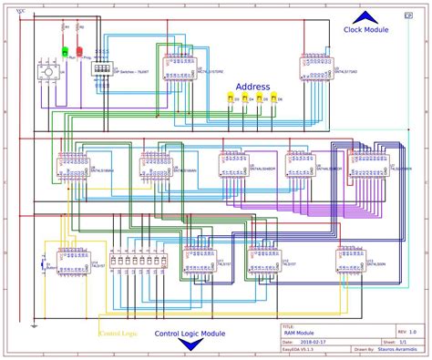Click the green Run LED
click(x=65, y=52)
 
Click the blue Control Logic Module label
click(x=190, y=334)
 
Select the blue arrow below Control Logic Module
click(x=190, y=348)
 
